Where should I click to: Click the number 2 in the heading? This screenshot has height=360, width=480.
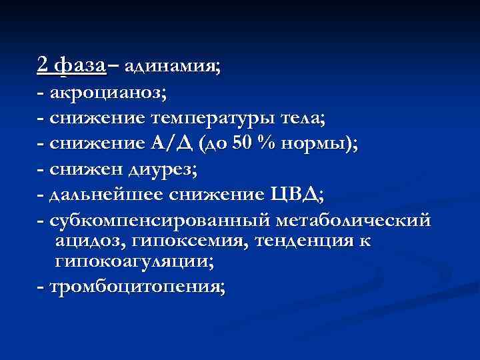click(x=43, y=65)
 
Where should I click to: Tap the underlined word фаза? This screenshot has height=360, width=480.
click(x=79, y=65)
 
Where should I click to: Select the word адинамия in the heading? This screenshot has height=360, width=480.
click(x=171, y=67)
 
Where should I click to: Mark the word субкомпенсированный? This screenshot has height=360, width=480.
click(x=150, y=219)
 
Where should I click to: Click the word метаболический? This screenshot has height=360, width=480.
click(x=343, y=219)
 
